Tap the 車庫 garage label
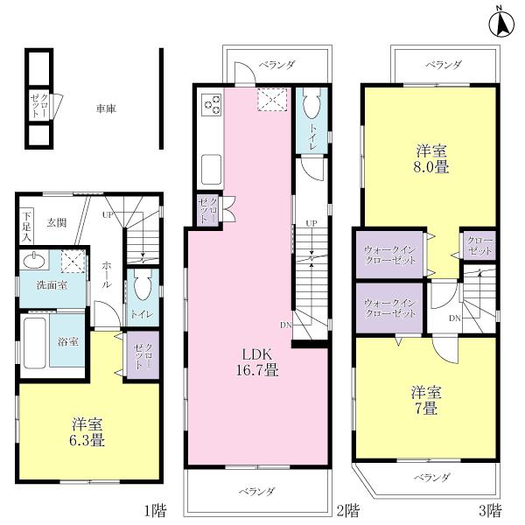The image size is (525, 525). tap(107, 108)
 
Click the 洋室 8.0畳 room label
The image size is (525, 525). tap(432, 159)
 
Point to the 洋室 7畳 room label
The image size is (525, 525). tap(425, 400)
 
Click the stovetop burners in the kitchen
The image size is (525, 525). tap(212, 105)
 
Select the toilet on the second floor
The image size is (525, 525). tap(311, 108)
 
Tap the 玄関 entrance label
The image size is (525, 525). tap(57, 221)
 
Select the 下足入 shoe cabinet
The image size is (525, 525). tap(27, 226)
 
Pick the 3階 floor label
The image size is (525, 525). tap(489, 507)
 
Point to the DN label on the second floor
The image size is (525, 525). tap(285, 325)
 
